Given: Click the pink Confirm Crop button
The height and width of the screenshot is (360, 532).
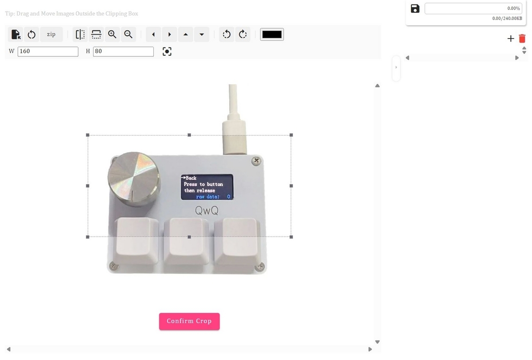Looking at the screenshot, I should click(189, 321).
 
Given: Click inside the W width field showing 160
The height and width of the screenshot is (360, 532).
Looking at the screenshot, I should click(48, 51).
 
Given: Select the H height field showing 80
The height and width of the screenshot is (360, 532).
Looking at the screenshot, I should click(123, 51).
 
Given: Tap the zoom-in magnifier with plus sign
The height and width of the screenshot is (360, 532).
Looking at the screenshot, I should click(113, 34).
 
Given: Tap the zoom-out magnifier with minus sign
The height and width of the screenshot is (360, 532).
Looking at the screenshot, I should click(128, 34).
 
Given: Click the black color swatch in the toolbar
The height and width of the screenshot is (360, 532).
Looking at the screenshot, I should click(272, 34).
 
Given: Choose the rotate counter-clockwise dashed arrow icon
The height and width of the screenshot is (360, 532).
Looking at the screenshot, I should click(227, 34).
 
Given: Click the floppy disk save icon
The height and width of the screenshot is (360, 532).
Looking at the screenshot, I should click(415, 8).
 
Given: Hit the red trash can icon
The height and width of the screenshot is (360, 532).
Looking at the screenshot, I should click(522, 39).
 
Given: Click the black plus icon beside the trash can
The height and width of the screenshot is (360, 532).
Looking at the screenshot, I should click(511, 39).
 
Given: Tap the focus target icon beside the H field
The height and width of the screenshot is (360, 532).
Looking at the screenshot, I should click(166, 52).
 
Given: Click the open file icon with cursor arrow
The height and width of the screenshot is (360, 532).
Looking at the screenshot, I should click(16, 34).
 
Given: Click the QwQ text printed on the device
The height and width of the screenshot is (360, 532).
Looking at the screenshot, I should click(207, 210).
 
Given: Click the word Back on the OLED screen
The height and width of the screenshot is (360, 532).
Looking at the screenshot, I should click(191, 178).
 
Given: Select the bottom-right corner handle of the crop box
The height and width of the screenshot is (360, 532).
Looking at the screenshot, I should click(291, 237).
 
